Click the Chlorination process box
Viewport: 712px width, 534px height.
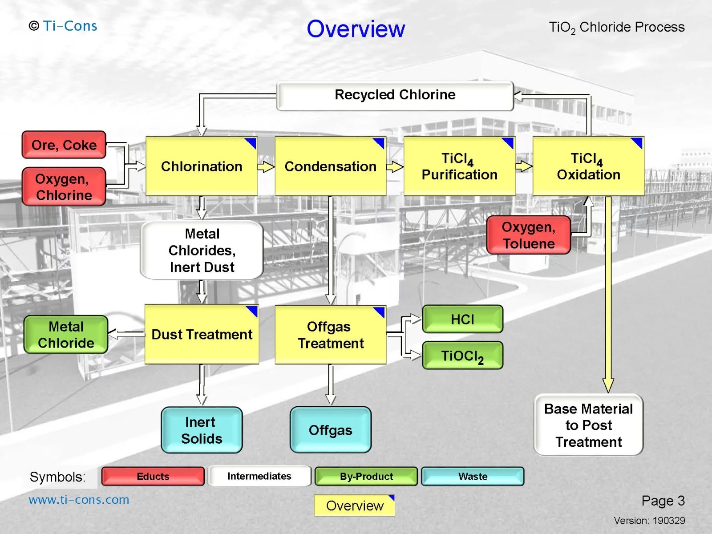click(202, 166)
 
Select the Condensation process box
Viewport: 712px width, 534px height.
click(331, 166)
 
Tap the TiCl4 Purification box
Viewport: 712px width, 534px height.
click(459, 166)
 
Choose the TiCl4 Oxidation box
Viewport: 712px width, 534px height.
click(588, 166)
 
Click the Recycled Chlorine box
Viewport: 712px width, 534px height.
click(395, 96)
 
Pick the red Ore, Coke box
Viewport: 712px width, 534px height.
click(64, 145)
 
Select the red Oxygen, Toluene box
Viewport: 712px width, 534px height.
click(528, 235)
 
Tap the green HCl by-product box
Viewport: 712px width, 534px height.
click(462, 319)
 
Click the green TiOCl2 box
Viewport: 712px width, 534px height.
click(462, 356)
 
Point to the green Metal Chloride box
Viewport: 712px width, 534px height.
click(66, 335)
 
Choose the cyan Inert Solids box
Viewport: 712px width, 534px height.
click(202, 430)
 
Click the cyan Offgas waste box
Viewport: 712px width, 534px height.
click(331, 430)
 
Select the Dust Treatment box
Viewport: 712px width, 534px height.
click(202, 334)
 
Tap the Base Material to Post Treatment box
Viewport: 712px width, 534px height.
click(588, 425)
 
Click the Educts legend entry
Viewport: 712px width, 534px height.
click(153, 476)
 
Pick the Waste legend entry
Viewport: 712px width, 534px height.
click(473, 476)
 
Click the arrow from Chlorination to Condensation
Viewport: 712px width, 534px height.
click(266, 166)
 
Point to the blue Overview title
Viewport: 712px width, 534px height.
click(356, 28)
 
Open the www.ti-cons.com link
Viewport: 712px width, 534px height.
click(79, 500)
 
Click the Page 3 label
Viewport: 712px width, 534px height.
click(663, 501)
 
